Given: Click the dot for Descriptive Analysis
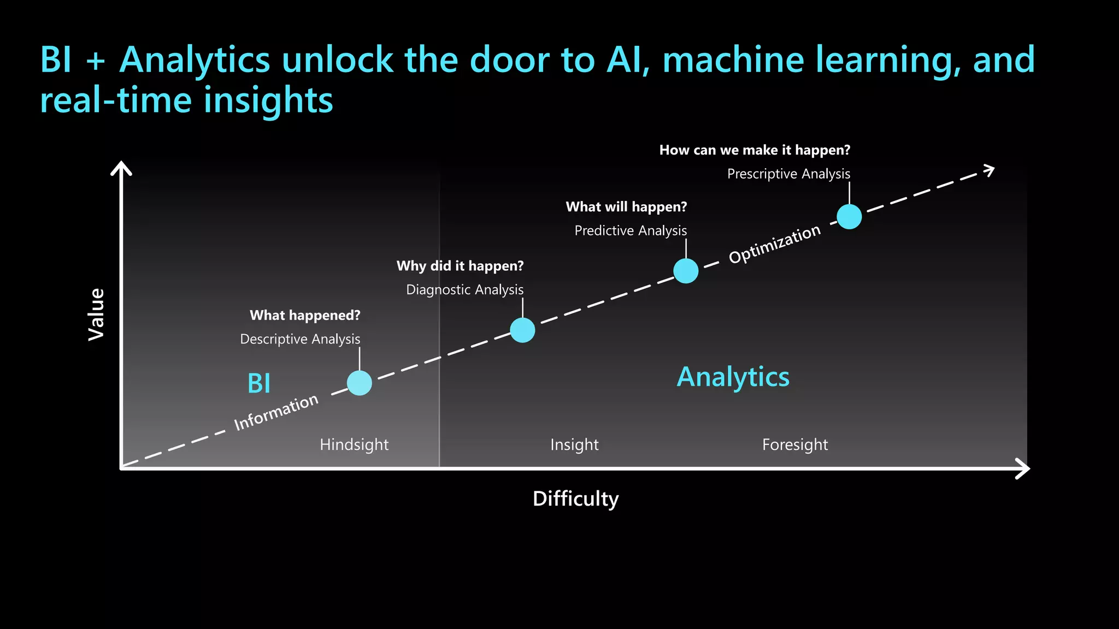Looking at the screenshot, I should pos(360,383).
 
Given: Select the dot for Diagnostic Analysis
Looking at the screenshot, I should pos(522,330).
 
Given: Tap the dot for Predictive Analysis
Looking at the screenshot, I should pos(686,271).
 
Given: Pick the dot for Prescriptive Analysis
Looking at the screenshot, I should pos(849,217).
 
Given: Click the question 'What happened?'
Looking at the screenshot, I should pos(305,316).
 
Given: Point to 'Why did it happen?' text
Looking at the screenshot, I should pos(460,266).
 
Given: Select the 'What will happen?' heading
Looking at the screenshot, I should pos(626,207).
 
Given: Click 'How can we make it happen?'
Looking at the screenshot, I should pos(755,150).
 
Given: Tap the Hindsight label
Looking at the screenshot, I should pos(354,444).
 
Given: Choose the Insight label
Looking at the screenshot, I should pos(574,444).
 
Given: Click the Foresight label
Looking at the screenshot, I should pos(795,444).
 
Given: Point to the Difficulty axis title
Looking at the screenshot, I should pos(575,499).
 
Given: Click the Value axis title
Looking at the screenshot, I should pos(97,314).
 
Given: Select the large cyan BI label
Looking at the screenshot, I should pos(259,383).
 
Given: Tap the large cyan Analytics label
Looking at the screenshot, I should pos(733,377).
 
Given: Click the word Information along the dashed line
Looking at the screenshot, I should pos(276,412).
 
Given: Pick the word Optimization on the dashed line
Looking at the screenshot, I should pos(775,244).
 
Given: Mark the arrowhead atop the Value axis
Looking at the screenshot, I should pos(121,168).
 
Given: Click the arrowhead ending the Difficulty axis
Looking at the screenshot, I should pos(1023,468).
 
